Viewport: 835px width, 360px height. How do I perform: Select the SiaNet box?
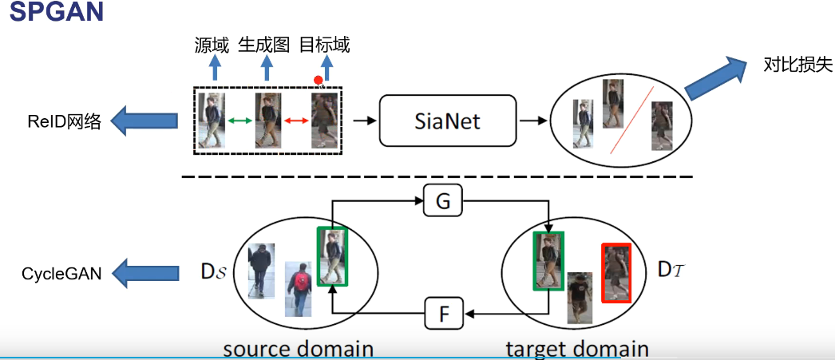[x=447, y=121]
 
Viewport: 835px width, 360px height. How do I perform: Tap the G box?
[x=443, y=201]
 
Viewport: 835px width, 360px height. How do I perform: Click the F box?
[x=443, y=313]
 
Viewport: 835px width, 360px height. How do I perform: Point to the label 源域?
[x=211, y=45]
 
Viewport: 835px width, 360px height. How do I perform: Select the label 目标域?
[x=324, y=45]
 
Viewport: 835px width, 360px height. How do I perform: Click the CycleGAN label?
[x=62, y=274]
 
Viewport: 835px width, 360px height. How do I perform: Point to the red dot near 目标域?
[x=319, y=80]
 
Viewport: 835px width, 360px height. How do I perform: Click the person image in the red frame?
[x=616, y=273]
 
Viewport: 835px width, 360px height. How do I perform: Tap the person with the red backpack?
[x=299, y=287]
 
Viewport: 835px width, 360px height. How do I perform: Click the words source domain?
[x=299, y=349]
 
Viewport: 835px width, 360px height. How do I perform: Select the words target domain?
[x=577, y=349]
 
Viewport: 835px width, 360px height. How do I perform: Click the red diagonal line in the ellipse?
[x=631, y=119]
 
